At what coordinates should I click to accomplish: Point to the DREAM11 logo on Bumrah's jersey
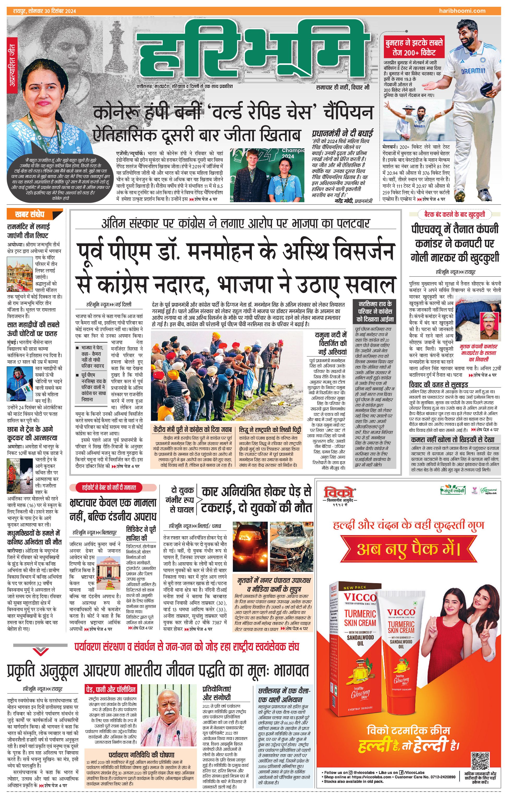point(473,71)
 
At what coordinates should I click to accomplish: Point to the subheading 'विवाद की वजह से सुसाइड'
point(438,385)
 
